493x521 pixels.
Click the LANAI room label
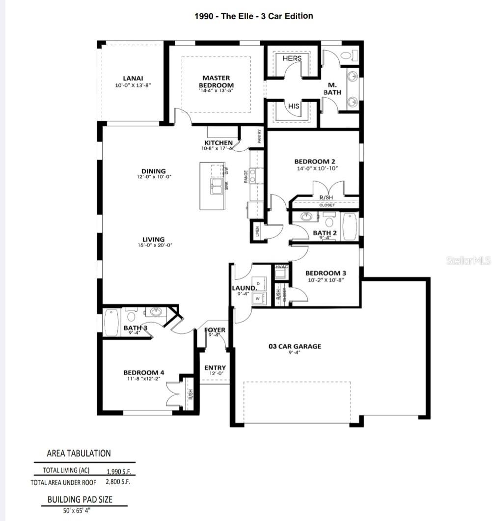[x=133, y=78]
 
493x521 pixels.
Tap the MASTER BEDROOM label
[x=216, y=82]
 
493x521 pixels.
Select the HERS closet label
[x=292, y=58]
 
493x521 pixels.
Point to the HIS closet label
[x=293, y=106]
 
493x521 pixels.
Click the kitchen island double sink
[x=217, y=187]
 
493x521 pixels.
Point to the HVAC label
[x=281, y=267]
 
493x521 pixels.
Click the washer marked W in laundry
[x=257, y=298]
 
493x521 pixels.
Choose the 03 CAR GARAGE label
[x=295, y=346]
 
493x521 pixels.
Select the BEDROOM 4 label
[x=144, y=373]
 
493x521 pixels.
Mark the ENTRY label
[x=215, y=368]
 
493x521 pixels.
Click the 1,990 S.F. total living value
[x=119, y=471]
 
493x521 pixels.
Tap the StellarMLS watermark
[x=468, y=261]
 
